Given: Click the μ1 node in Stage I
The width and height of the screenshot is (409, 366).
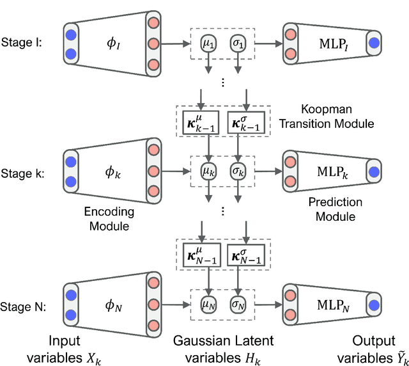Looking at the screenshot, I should point(208,45).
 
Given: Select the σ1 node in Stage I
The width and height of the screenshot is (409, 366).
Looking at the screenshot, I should point(238,45).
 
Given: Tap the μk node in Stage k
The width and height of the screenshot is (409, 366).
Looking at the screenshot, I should point(208,171).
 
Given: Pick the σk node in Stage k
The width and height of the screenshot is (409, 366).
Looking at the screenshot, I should point(238,171).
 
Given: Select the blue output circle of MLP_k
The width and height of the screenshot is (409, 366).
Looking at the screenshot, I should point(374,172).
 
